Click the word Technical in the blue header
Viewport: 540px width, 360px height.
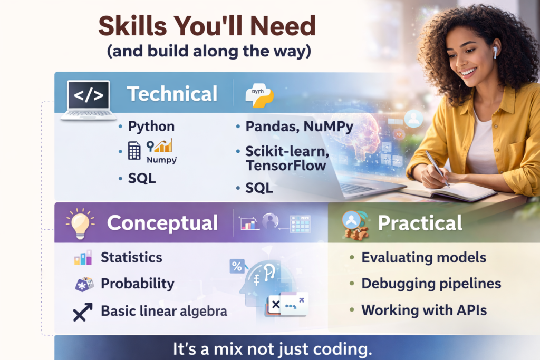coord(172,94)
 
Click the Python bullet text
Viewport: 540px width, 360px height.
coord(151,127)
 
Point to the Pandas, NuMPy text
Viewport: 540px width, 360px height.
coord(299,127)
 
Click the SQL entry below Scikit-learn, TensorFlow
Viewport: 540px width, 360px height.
coord(259,188)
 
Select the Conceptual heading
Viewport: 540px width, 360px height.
coord(162,223)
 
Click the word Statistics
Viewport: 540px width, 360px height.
coord(131,257)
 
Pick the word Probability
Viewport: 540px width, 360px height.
coord(137,284)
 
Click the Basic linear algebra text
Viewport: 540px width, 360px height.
coord(164,311)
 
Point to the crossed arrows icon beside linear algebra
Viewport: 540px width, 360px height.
coord(82,312)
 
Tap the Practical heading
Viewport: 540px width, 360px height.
coord(420,223)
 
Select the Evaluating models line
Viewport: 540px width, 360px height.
coord(423,258)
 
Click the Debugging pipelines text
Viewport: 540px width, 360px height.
coord(431,284)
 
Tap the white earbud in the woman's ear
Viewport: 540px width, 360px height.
coord(495,52)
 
